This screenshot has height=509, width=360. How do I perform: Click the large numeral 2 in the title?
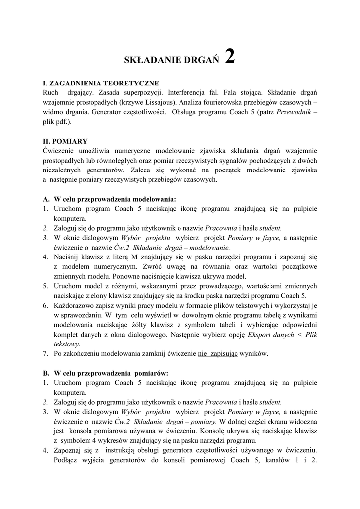pyautogui.click(x=229, y=56)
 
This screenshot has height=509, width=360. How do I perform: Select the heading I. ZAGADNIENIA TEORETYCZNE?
pyautogui.click(x=101, y=83)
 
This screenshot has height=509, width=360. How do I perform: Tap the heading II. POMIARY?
pyautogui.click(x=65, y=141)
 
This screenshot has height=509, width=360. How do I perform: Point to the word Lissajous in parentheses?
pyautogui.click(x=153, y=102)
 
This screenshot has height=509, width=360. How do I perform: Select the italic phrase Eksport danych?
pyautogui.click(x=270, y=334)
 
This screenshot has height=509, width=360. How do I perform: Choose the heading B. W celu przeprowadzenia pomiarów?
pyautogui.click(x=105, y=373)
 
